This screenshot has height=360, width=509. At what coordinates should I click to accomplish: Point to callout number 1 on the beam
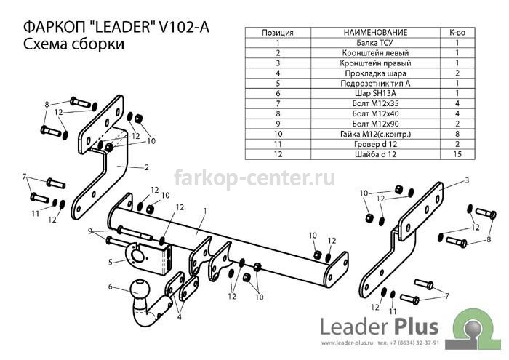click(205, 212)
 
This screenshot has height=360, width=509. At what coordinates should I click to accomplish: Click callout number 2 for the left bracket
click(147, 167)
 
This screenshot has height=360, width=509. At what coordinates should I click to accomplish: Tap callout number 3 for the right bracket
click(467, 180)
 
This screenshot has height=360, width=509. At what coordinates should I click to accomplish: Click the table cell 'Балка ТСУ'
click(374, 43)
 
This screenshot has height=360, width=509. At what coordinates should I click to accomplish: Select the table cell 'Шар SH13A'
click(375, 94)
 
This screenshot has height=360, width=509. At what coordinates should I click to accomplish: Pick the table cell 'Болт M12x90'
click(375, 124)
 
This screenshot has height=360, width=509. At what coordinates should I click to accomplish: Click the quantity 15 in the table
click(457, 154)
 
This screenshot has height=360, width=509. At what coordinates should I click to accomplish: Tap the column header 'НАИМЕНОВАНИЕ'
click(375, 33)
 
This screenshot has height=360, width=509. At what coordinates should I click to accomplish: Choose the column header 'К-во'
click(457, 33)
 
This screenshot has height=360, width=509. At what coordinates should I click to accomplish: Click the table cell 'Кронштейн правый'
click(375, 63)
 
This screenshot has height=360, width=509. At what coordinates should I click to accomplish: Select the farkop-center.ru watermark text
click(254, 179)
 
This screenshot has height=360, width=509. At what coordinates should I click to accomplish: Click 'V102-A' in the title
click(184, 27)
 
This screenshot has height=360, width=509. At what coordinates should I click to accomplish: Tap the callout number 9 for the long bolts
click(89, 231)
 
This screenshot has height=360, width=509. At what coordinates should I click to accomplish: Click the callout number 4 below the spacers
click(179, 317)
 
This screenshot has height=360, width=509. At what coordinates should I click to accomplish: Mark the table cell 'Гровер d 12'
click(375, 144)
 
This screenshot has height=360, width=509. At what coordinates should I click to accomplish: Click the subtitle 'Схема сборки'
click(73, 44)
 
